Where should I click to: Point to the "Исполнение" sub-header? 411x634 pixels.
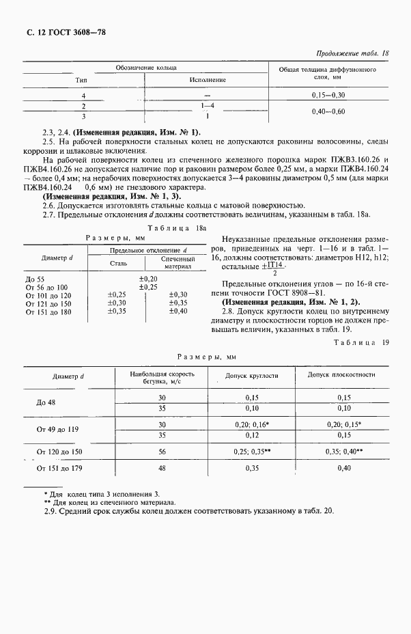pyautogui.click(x=208, y=80)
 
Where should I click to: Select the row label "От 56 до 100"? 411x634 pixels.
pyautogui.click(x=47, y=287)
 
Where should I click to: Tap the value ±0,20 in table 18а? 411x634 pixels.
pyautogui.click(x=148, y=279)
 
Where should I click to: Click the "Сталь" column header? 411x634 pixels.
pyautogui.click(x=119, y=262)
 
